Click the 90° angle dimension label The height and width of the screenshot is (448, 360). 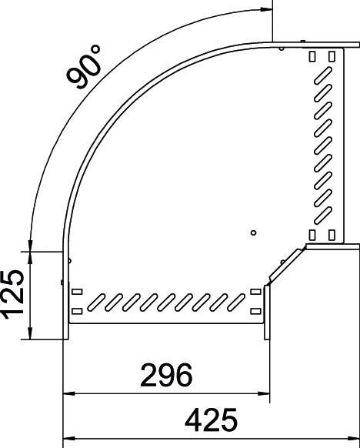85,68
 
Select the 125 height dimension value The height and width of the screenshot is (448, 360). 16,294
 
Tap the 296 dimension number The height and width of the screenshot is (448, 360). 165,376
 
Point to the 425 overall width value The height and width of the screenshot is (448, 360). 211,420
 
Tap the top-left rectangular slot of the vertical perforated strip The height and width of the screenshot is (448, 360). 312,58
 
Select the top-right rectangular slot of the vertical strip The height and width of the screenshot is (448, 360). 332,58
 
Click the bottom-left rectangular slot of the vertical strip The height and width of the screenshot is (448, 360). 312,234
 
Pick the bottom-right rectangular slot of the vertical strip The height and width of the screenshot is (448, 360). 332,234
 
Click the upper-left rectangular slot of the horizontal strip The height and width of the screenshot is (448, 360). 76,292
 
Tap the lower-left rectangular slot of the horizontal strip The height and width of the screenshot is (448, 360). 76,312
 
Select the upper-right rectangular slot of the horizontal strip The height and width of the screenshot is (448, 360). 253,292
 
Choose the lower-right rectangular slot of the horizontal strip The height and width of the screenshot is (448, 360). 253,312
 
